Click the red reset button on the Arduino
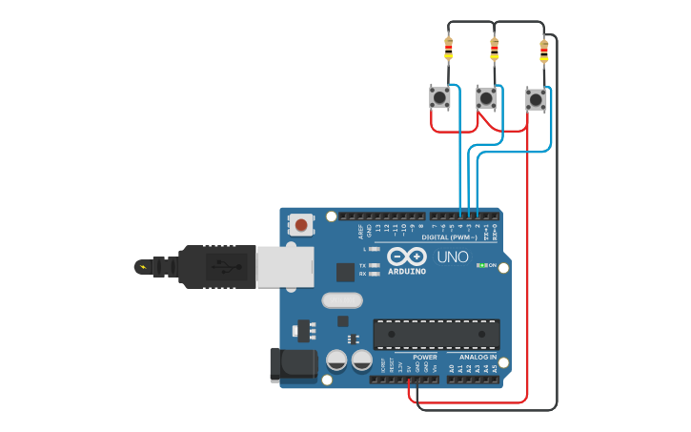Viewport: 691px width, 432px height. point(301,225)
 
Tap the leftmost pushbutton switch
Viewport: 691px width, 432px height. point(439,97)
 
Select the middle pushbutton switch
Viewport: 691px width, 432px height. point(486,97)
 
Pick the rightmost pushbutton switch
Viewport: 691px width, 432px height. point(536,98)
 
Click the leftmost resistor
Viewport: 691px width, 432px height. point(448,48)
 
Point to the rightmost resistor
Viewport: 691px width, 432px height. point(544,50)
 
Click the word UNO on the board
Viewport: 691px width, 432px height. point(452,257)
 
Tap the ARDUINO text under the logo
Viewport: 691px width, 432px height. point(407,272)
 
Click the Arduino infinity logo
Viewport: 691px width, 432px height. point(407,257)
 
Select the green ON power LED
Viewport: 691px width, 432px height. point(481,265)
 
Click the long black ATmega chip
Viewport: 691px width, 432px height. point(436,334)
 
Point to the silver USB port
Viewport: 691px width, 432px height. point(282,264)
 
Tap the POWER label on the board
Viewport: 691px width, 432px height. point(424,357)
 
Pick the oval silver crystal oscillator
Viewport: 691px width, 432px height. point(342,300)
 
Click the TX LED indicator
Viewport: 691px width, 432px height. point(375,264)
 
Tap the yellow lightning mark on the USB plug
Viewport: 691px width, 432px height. point(143,266)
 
